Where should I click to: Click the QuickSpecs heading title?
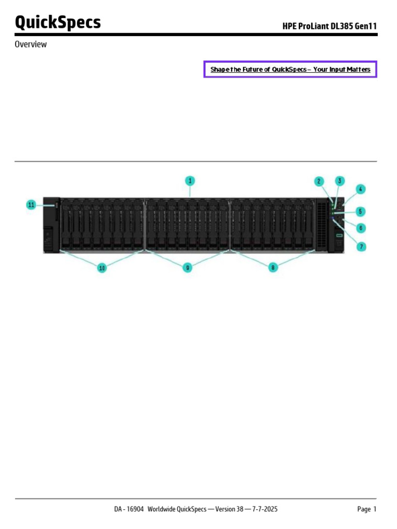58,23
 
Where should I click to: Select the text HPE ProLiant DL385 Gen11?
329,25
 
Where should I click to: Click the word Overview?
30,44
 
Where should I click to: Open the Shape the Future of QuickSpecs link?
290,69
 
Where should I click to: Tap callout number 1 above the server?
190,181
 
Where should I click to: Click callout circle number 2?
319,181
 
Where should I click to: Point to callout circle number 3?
340,181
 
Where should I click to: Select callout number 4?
360,189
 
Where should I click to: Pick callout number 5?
360,211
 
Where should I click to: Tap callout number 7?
362,246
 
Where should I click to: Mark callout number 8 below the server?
273,267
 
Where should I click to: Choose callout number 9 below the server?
187,267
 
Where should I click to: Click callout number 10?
102,268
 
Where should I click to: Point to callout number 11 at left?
31,205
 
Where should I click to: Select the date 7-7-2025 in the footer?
265,509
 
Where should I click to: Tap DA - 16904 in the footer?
129,509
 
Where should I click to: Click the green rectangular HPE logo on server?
340,236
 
